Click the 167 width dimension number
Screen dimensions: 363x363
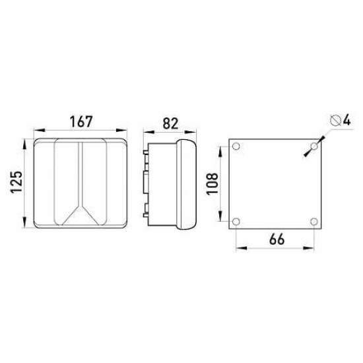[81, 121]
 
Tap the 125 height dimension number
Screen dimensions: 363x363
[16, 182]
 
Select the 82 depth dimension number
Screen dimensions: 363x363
[171, 123]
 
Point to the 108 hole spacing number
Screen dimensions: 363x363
[213, 183]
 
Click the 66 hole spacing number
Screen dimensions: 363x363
[277, 240]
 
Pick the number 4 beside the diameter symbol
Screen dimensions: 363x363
[346, 121]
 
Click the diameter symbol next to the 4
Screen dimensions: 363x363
[335, 121]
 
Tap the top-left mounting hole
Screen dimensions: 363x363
[236, 147]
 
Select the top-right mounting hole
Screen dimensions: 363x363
[314, 147]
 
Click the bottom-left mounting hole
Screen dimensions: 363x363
[236, 222]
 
